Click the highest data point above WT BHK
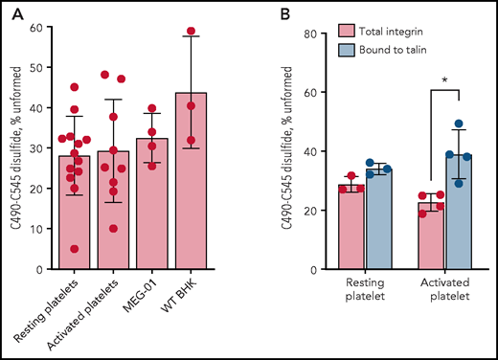(x=190, y=32)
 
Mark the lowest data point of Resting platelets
(x=74, y=249)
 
